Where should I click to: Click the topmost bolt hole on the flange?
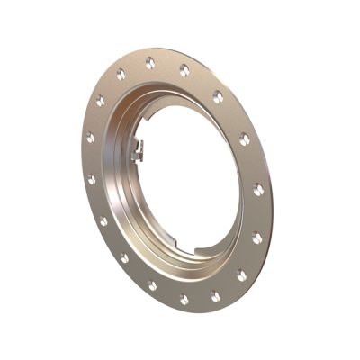[x=149, y=62]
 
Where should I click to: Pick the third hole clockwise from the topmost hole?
[x=244, y=139]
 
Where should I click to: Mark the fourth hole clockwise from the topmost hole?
[x=258, y=190]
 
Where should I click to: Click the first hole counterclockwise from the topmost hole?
[x=121, y=75]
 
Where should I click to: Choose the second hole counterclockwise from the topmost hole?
[x=99, y=102]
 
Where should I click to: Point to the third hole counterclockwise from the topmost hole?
[x=88, y=139]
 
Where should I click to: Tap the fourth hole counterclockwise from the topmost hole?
[x=91, y=179]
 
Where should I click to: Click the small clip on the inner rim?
[x=138, y=152]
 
